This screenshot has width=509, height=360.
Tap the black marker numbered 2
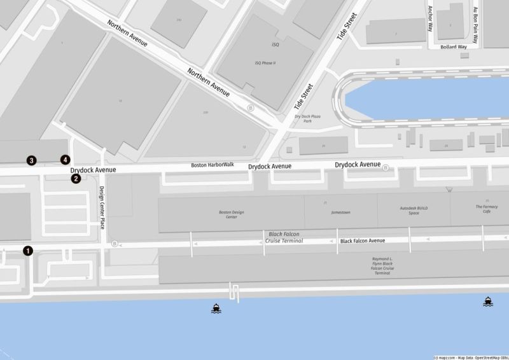tap(76, 179)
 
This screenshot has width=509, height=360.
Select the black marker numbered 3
tap(31, 160)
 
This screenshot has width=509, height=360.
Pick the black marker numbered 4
tap(64, 160)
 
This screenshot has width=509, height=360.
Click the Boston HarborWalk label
tap(213, 165)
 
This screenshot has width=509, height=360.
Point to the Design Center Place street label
tap(102, 207)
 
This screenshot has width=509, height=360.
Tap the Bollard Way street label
tap(454, 47)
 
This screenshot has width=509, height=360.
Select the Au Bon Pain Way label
tap(475, 20)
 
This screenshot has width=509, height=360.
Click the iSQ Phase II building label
tap(267, 63)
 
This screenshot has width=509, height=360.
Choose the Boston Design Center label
tap(232, 214)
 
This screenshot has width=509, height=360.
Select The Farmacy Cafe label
tap(487, 209)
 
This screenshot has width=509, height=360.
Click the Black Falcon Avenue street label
tap(363, 241)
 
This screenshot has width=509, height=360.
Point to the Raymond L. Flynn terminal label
tap(382, 266)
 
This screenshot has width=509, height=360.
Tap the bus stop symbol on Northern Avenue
tap(251, 108)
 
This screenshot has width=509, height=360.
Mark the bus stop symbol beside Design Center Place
tap(115, 244)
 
